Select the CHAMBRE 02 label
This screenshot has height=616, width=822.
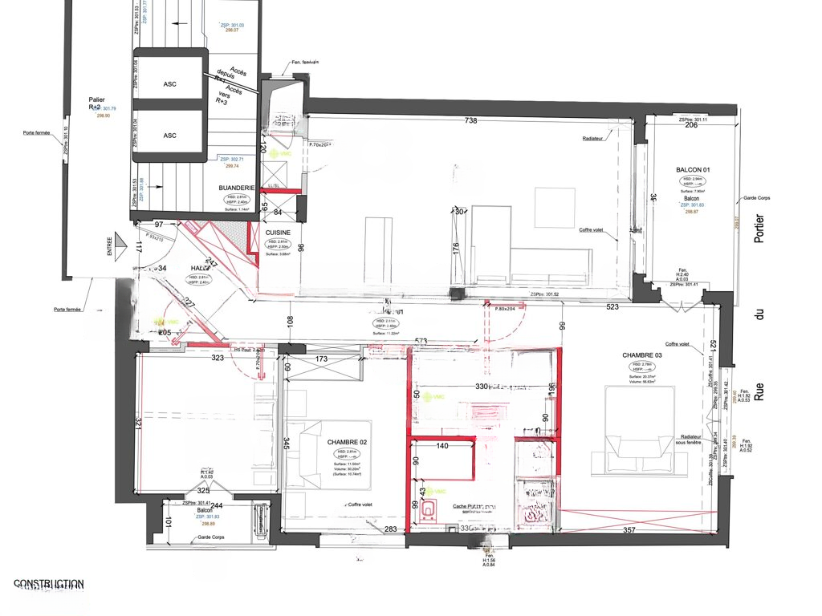point(347,442)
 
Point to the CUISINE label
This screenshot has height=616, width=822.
point(279,233)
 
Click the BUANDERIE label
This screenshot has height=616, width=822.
point(236,188)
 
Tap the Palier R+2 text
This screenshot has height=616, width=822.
point(95,103)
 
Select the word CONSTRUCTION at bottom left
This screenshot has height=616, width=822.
point(48,584)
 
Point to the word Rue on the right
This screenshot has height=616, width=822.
point(760,393)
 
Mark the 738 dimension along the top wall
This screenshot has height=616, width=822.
point(471,120)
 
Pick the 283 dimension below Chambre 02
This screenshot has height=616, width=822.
point(391,529)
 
